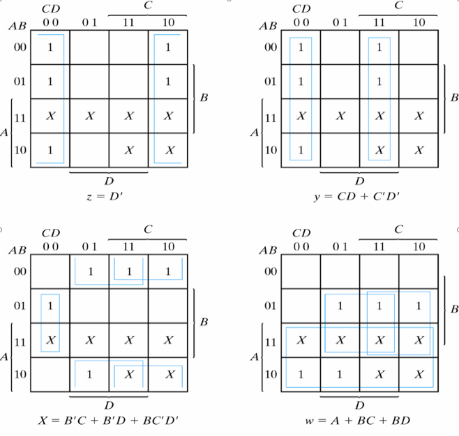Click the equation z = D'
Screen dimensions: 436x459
(110, 198)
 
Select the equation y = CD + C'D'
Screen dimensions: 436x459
(359, 198)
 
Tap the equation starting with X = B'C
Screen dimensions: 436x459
(110, 421)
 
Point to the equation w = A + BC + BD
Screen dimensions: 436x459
(359, 421)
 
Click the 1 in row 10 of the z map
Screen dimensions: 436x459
(50, 150)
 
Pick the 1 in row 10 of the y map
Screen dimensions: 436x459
(301, 150)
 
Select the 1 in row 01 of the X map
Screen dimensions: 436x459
(50, 306)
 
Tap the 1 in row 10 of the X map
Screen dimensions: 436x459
(89, 374)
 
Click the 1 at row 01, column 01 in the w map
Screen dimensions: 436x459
(340, 306)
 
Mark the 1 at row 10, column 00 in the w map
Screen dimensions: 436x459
(301, 374)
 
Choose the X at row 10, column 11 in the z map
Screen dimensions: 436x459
(129, 150)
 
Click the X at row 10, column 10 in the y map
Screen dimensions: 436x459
(419, 150)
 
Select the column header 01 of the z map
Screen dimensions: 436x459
(89, 22)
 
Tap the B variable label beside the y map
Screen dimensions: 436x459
(454, 98)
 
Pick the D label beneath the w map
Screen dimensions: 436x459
(359, 405)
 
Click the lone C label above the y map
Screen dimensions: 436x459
(398, 6)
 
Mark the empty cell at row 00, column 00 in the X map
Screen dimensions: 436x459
(50, 272)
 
